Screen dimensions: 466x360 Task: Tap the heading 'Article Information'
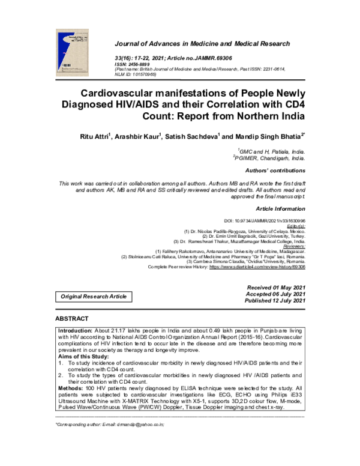(x=281, y=208)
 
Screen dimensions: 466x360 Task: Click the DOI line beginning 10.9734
(x=272, y=221)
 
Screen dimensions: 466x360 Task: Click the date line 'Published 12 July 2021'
(x=274, y=301)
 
